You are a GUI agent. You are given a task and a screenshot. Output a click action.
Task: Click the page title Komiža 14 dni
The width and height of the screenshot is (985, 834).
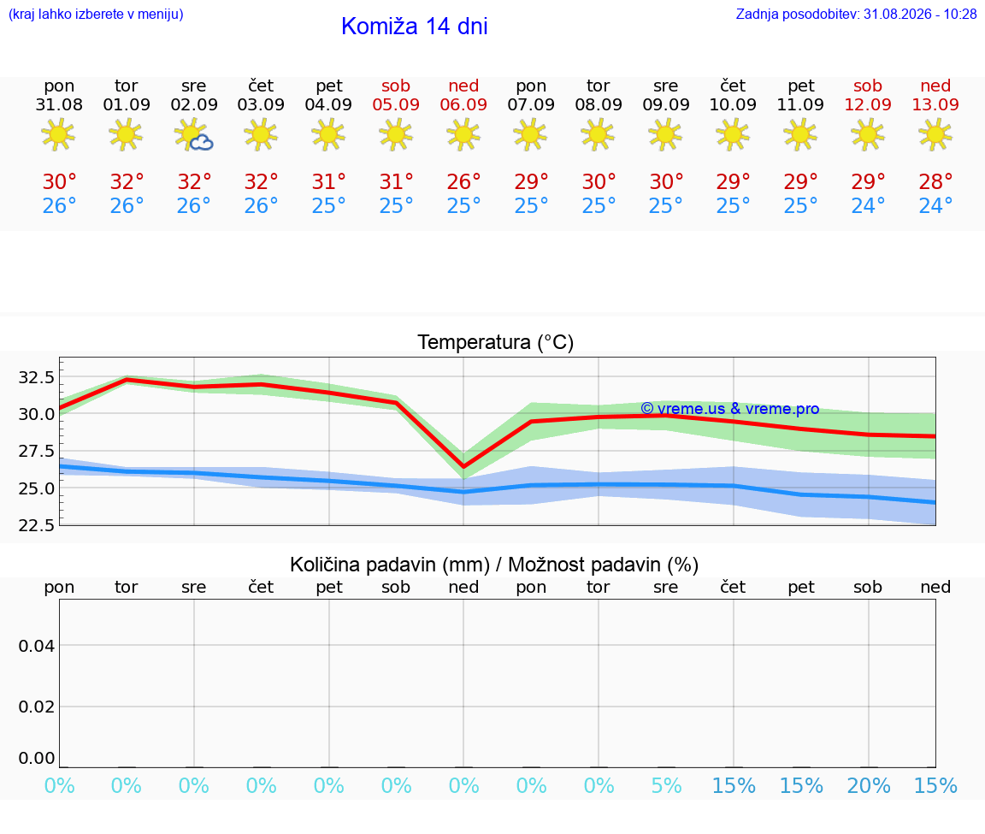[x=414, y=27]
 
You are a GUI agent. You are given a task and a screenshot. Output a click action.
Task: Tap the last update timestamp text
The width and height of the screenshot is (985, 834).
[x=856, y=14]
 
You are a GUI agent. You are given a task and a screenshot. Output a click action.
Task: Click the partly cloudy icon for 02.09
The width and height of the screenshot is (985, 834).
[x=193, y=135]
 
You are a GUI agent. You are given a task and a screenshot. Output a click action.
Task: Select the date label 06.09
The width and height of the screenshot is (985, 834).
[x=463, y=105]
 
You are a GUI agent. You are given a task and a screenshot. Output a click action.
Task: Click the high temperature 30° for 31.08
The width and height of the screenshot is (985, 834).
[x=59, y=182]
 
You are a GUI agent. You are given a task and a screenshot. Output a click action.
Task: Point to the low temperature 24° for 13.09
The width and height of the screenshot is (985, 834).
[x=935, y=205]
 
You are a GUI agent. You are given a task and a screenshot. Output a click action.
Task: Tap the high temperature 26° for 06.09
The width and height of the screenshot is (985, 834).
[x=463, y=182]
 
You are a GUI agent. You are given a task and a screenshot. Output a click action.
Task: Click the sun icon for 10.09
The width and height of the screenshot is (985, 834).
[x=733, y=134]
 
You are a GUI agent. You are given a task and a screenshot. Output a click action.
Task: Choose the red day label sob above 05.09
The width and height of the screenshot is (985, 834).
[x=396, y=86]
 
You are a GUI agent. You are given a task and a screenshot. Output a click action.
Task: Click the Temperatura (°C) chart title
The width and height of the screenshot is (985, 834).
[x=496, y=342]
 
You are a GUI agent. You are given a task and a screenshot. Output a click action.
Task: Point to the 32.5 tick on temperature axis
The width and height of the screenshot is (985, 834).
[x=37, y=377]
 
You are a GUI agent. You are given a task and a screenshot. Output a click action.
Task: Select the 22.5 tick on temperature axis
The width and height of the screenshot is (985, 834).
[x=37, y=525]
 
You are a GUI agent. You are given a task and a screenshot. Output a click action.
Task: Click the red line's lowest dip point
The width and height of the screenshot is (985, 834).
[x=463, y=466]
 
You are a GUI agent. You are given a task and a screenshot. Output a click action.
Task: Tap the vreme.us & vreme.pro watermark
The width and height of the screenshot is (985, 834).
[x=730, y=409]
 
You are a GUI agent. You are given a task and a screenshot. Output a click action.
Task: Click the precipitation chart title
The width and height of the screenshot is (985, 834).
[x=494, y=565]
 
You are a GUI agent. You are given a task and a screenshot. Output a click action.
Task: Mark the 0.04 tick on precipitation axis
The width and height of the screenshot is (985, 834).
[x=37, y=646]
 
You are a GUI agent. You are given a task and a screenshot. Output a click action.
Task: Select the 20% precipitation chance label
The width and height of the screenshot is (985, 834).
[x=869, y=785]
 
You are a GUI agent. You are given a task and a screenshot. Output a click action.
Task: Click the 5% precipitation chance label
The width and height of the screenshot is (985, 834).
[x=666, y=785]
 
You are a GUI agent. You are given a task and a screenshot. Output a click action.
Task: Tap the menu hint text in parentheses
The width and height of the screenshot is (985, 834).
[x=96, y=14]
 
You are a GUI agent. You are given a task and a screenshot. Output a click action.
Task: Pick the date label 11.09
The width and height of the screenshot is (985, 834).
[x=800, y=105]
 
